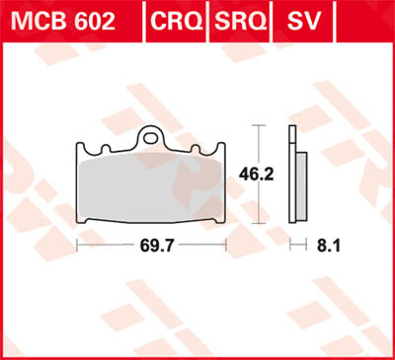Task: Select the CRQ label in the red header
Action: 176,21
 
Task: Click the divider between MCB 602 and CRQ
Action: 142,21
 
